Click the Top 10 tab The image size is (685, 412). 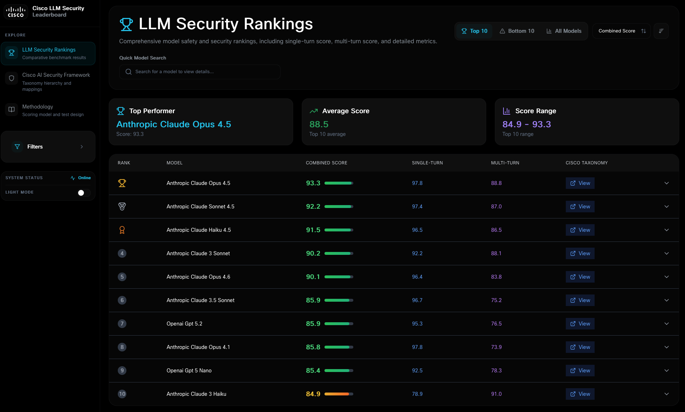[x=474, y=31]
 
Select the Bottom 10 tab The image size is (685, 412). [x=517, y=31]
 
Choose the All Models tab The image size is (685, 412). [x=564, y=31]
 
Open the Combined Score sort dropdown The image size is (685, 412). [x=622, y=31]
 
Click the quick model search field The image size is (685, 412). [x=200, y=72]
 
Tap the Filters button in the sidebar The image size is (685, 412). [x=48, y=147]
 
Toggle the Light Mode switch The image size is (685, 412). [x=84, y=193]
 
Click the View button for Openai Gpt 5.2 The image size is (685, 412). [x=580, y=324]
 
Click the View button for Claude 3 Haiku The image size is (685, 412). [x=580, y=394]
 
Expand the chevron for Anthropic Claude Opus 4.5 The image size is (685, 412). [x=667, y=183]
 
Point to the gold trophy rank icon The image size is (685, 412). [x=122, y=183]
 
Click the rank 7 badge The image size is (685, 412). [x=122, y=324]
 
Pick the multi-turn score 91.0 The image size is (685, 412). [x=496, y=394]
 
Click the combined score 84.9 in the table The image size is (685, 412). [x=313, y=394]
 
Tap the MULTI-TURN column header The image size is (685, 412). [x=505, y=163]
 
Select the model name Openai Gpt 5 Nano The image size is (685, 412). [x=189, y=371]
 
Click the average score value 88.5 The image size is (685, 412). [x=319, y=124]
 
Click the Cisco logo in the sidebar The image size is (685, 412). [x=16, y=12]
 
